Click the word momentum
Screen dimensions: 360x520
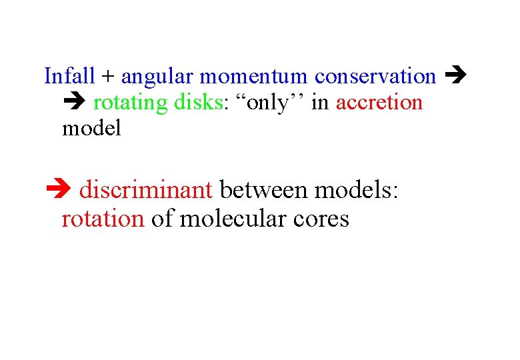tap(253, 77)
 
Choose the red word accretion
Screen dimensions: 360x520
tap(379, 103)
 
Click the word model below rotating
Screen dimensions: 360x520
tap(91, 128)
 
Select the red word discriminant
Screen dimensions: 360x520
tap(146, 190)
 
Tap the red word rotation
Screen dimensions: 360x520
tap(103, 219)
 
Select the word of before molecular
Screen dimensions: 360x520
tap(162, 219)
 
